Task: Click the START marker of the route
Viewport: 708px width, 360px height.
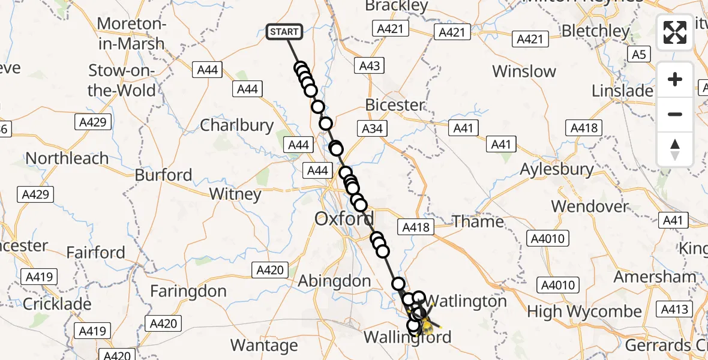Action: tap(284, 32)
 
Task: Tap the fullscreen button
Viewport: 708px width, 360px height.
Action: tap(675, 32)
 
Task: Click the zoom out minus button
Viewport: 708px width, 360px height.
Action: tap(675, 114)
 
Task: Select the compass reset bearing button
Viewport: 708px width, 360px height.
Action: tap(675, 149)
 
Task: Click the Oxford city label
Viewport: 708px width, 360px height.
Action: tap(344, 218)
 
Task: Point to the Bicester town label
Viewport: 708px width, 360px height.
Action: tap(394, 105)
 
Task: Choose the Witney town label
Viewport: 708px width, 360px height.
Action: tap(235, 194)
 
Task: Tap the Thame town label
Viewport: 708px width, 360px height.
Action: tap(478, 221)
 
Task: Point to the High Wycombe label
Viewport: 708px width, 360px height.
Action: tap(584, 312)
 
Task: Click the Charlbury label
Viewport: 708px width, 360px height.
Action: tap(236, 125)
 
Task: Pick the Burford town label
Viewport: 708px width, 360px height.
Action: tap(163, 175)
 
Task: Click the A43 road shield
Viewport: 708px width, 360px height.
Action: tap(369, 66)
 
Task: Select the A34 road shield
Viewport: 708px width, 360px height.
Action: tap(372, 128)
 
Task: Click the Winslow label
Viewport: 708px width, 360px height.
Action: tap(524, 71)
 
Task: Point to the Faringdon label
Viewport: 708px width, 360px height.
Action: tap(188, 292)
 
